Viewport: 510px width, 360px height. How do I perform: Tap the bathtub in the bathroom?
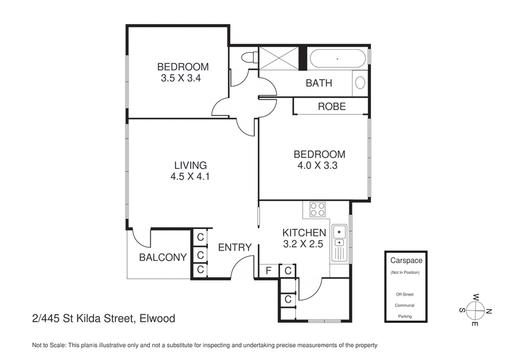click(x=338, y=59)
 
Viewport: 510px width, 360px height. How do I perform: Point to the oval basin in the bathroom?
click(x=360, y=83)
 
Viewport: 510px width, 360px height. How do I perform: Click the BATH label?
click(x=319, y=83)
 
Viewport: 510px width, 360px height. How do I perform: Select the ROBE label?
click(x=331, y=106)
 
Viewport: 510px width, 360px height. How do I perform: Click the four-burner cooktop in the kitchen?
click(x=317, y=209)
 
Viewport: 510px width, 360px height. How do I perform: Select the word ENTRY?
click(x=235, y=248)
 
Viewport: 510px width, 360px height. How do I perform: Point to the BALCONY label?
click(x=163, y=257)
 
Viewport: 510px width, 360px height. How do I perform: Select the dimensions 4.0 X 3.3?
click(x=319, y=166)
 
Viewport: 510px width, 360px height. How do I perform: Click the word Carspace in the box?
click(x=405, y=261)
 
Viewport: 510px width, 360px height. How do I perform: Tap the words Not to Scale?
click(x=48, y=345)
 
